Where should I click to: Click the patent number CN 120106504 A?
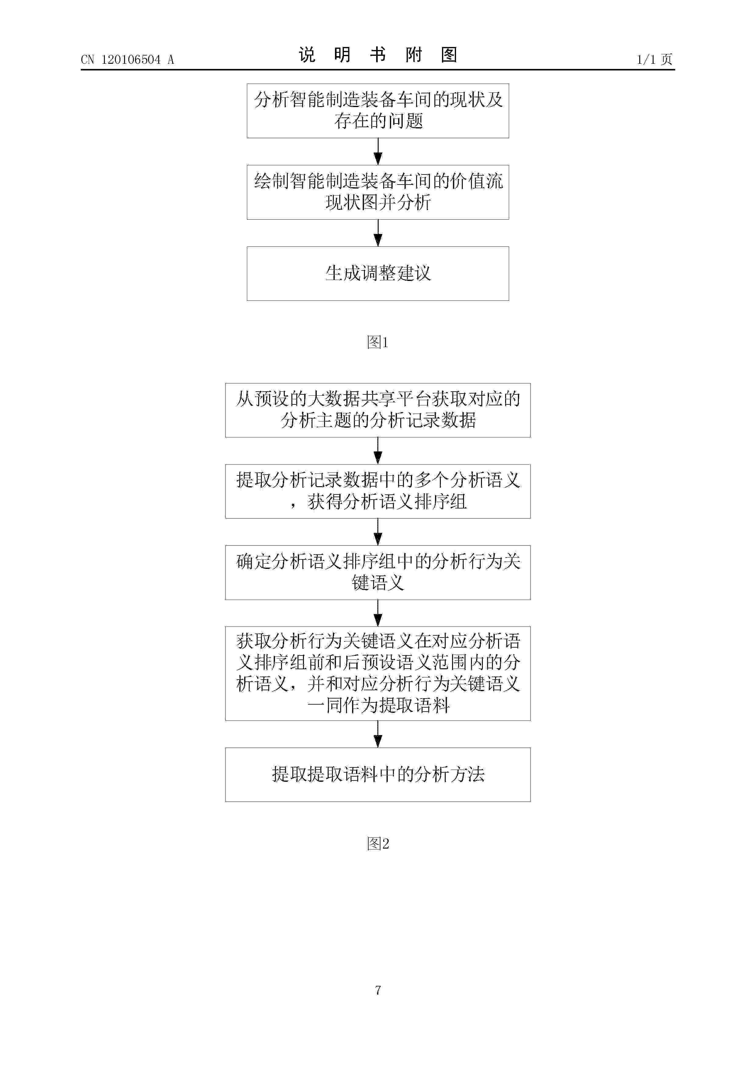click(127, 60)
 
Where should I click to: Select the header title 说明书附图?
click(378, 55)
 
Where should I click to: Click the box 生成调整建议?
click(378, 274)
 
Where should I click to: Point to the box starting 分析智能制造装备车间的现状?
click(378, 111)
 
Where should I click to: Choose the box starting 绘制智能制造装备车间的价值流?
click(378, 192)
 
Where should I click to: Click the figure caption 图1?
click(378, 343)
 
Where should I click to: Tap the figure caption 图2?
click(378, 843)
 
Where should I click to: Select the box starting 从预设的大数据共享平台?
click(378, 410)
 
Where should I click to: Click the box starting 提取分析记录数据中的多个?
click(378, 491)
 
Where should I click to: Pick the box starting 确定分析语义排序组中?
click(378, 572)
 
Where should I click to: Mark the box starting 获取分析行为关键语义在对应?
click(378, 673)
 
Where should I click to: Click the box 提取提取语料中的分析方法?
click(378, 774)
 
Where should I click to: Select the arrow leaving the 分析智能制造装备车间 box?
click(378, 152)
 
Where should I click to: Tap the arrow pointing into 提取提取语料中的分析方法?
click(378, 734)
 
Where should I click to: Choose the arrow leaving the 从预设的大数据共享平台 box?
click(378, 451)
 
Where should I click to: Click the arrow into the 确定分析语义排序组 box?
click(378, 532)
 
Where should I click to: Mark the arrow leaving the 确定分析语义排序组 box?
click(378, 613)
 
